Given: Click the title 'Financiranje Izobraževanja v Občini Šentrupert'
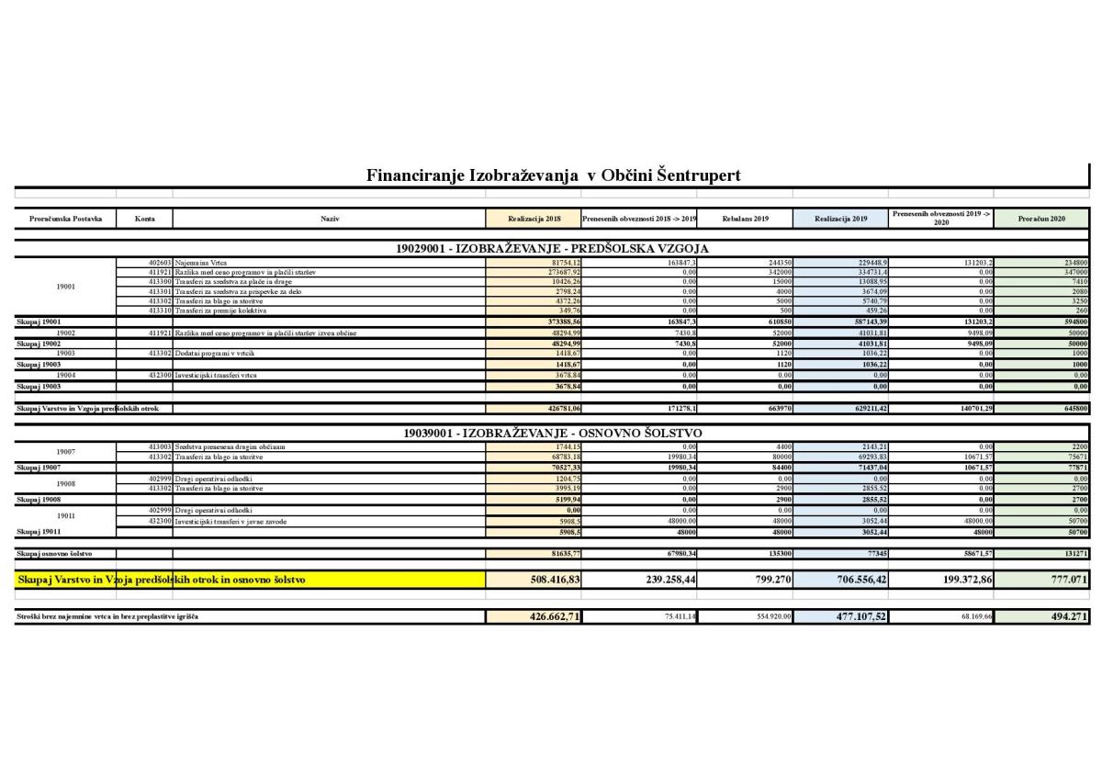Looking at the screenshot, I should [553, 175].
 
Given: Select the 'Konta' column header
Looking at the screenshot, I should [144, 219].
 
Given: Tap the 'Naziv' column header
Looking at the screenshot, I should [330, 219].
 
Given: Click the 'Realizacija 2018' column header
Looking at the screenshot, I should [534, 219].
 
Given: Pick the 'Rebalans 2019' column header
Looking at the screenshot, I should [745, 219].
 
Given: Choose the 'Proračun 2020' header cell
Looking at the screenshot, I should [1041, 219].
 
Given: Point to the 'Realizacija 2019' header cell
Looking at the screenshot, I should [840, 219].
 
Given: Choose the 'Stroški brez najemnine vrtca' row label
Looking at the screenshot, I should [107, 616].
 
